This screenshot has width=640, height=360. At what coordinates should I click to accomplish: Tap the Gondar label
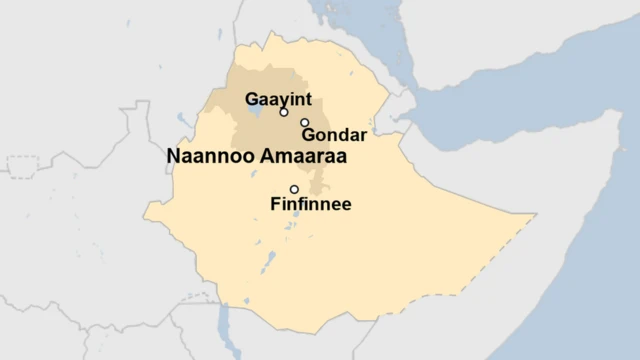(333, 134)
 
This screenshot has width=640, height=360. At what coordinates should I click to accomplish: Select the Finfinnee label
(311, 205)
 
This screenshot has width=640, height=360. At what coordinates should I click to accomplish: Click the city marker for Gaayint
(284, 112)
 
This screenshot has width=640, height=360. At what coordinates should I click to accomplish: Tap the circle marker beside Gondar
(305, 122)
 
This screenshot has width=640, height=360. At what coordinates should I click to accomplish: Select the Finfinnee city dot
(294, 189)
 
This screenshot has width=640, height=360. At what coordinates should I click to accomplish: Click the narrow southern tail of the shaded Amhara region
(318, 186)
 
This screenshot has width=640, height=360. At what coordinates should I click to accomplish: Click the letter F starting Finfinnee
(275, 205)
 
